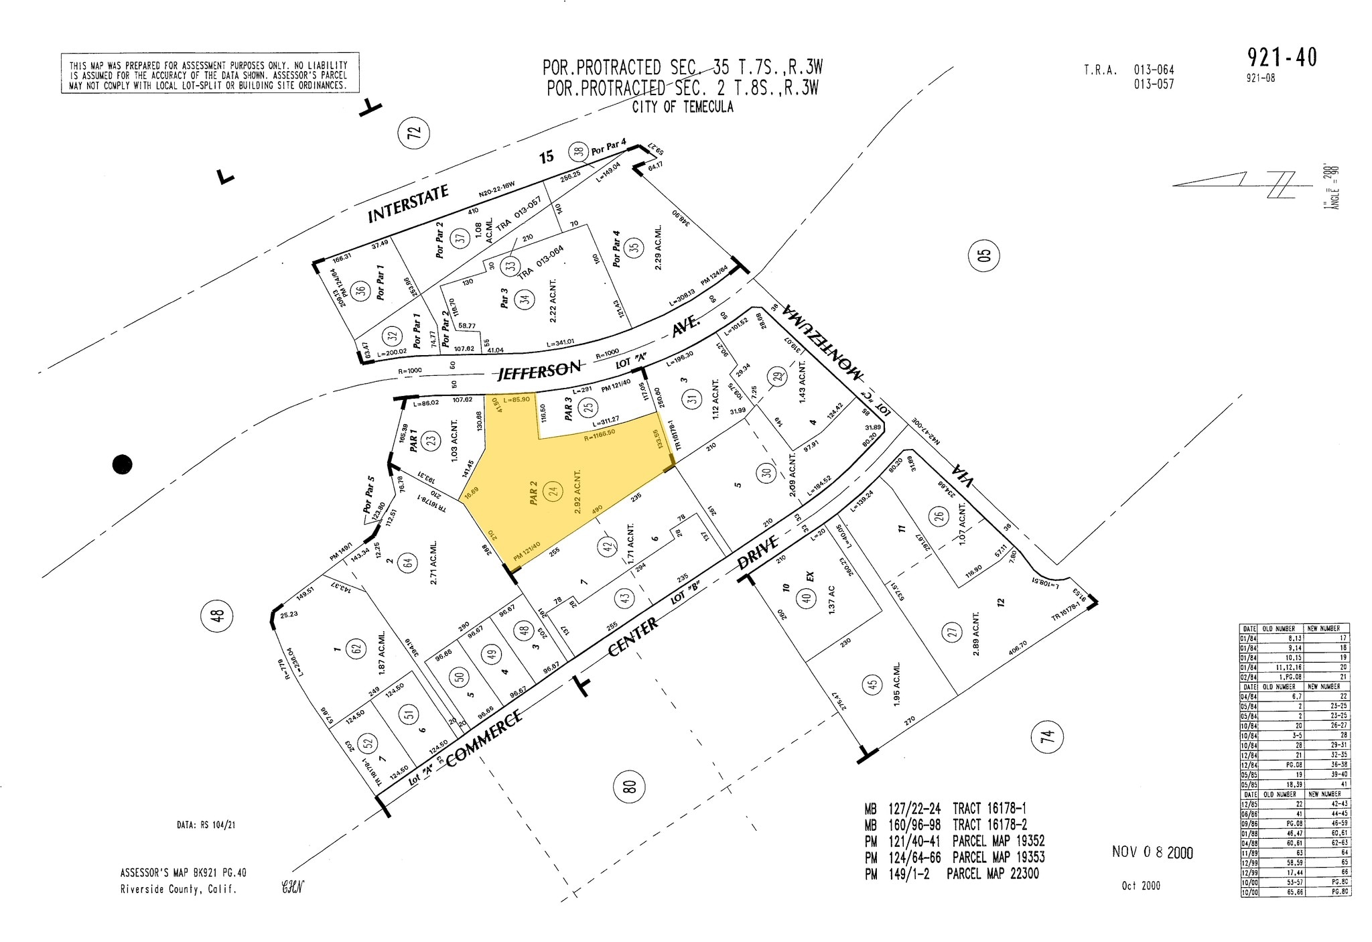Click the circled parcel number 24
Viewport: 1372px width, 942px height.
coord(552,491)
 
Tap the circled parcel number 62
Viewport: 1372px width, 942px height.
coord(356,648)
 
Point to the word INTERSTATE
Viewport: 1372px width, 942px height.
coord(408,204)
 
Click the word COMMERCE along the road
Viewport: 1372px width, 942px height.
coord(483,738)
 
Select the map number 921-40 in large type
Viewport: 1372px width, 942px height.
coord(1282,58)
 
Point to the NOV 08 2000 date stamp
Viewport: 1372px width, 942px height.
coord(1152,852)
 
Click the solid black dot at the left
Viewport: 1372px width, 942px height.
coord(122,464)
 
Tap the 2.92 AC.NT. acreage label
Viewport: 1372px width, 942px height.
coord(577,491)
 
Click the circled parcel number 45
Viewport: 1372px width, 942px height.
coord(872,685)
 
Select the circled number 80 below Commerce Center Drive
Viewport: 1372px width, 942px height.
coord(629,786)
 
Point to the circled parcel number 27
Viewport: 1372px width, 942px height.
coord(952,632)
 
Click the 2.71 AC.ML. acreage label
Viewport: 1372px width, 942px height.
coord(433,563)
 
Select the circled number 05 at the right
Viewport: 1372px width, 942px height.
coord(983,255)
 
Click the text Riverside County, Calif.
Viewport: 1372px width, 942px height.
coord(178,890)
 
